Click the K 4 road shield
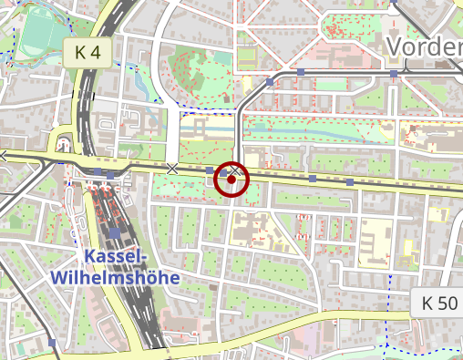(x=87, y=54)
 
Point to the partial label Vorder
(x=425, y=47)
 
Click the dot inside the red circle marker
(x=232, y=180)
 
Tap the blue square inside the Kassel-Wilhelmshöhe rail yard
(x=114, y=232)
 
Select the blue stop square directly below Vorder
(x=394, y=73)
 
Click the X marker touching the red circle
(x=235, y=170)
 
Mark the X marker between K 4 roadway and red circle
(x=172, y=169)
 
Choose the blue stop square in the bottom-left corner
(x=52, y=344)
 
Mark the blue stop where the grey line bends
(x=270, y=82)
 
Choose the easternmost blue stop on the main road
(x=350, y=181)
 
